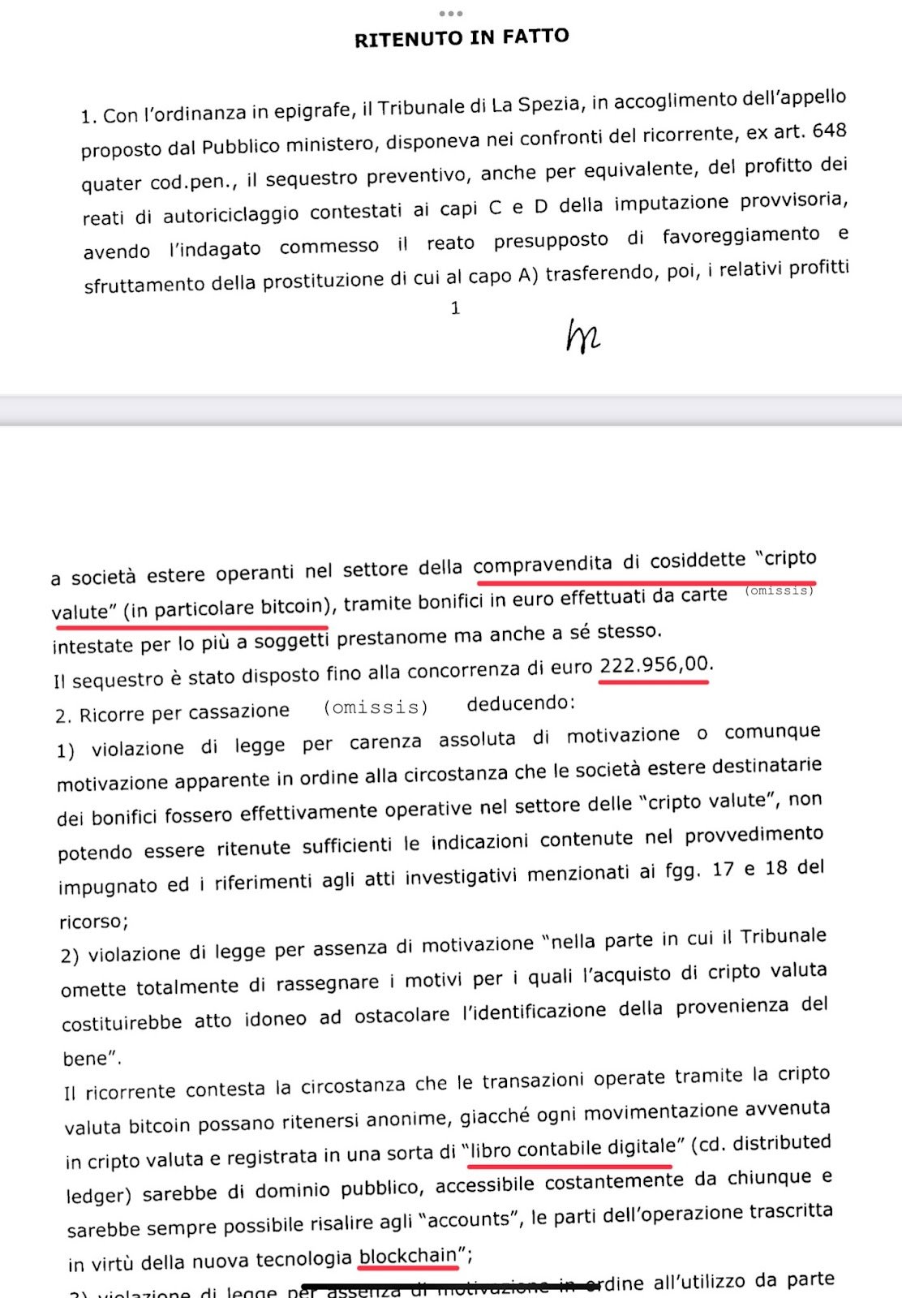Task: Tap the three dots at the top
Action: [450, 13]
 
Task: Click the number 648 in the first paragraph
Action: [829, 131]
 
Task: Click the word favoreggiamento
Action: [741, 235]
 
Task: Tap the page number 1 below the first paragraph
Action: [455, 308]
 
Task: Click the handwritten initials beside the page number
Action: [582, 336]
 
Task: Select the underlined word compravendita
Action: [543, 564]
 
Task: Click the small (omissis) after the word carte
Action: [779, 591]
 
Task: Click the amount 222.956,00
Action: [654, 665]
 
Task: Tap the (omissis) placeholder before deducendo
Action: [376, 707]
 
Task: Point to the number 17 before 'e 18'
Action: [724, 870]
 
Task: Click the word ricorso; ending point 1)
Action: [93, 922]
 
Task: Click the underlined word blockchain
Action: [408, 1256]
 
